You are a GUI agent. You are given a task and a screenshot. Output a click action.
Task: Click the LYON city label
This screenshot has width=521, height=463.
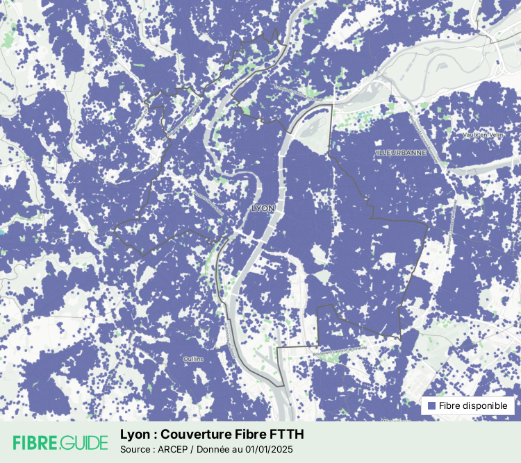click(263, 208)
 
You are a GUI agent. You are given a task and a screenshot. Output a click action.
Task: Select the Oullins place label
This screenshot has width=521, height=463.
click(193, 359)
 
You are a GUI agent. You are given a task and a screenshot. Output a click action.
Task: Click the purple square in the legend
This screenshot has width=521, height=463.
click(431, 405)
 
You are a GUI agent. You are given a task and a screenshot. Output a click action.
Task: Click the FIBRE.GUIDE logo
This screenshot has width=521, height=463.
click(60, 442)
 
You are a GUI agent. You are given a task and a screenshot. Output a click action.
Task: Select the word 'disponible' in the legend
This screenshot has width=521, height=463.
click(486, 405)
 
